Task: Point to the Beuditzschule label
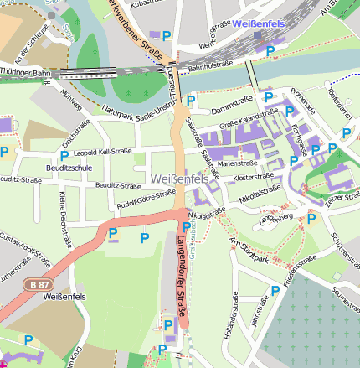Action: (71, 168)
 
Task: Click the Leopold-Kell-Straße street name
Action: (103, 153)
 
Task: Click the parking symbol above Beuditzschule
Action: (64, 155)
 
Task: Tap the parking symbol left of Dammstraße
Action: (191, 100)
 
